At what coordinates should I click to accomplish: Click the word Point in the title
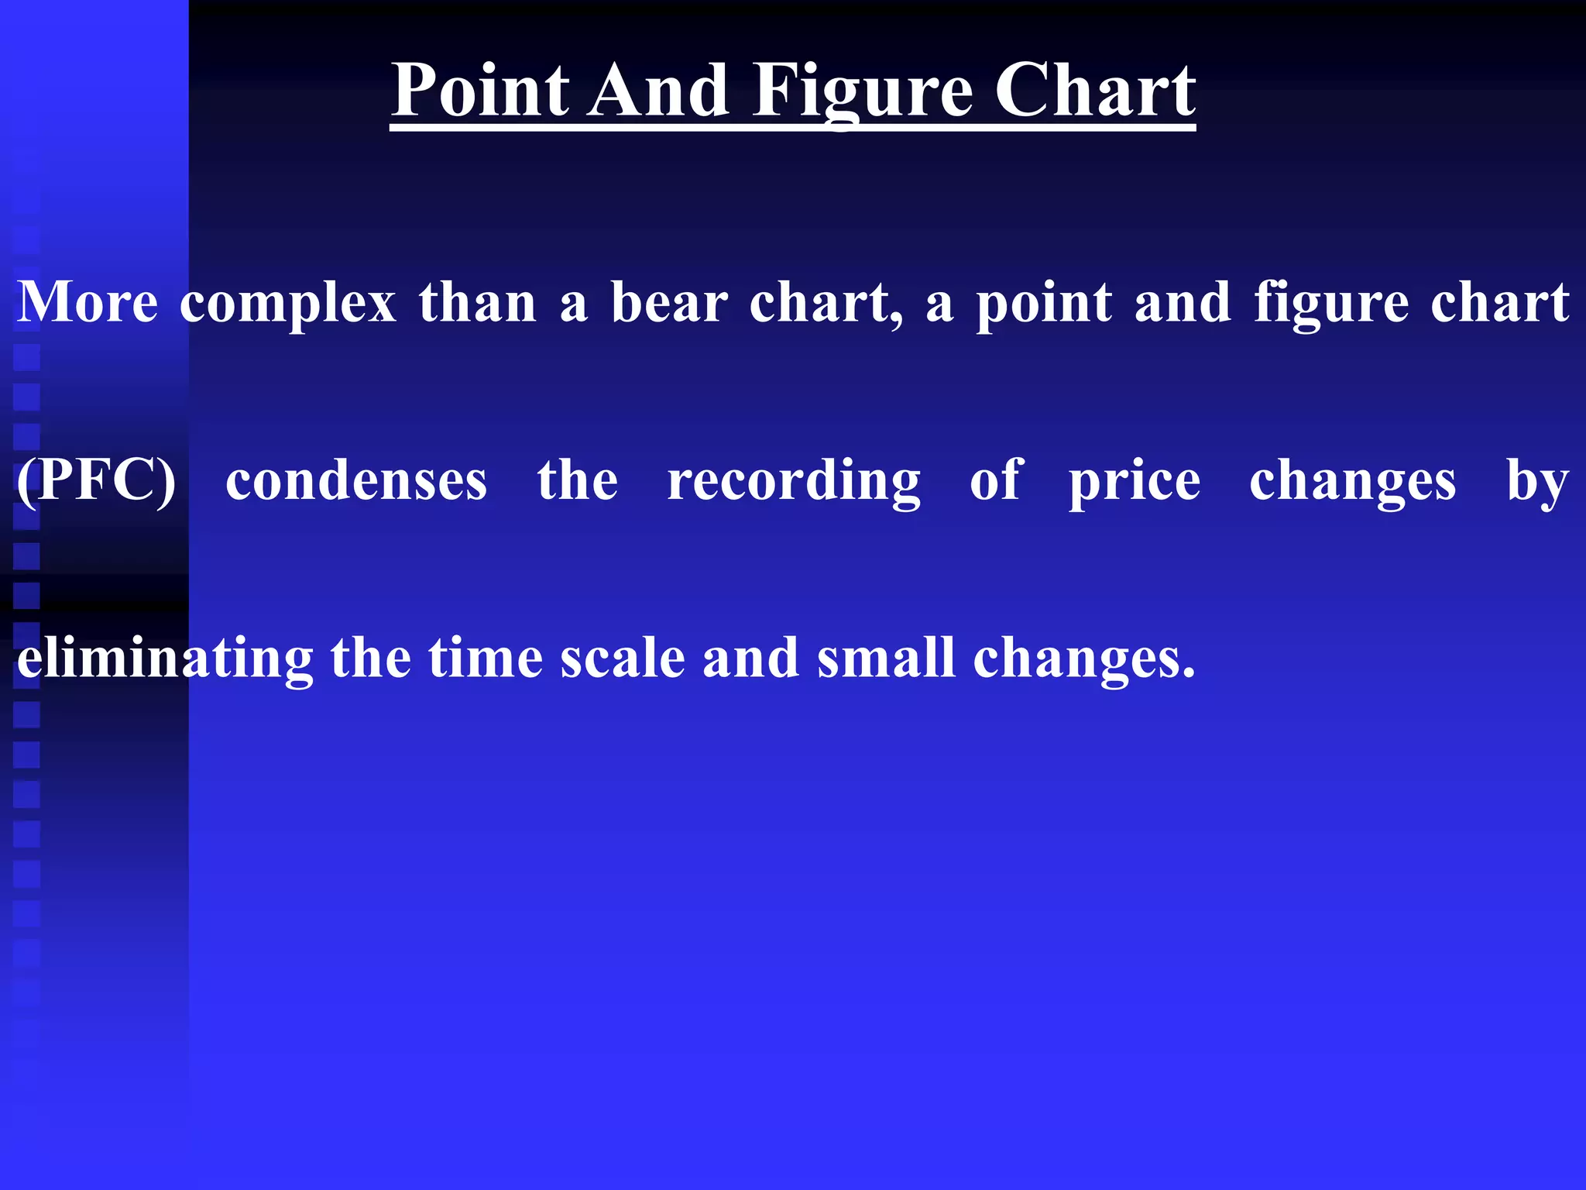point(479,91)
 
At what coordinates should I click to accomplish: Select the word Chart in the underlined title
point(1095,91)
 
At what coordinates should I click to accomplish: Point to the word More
point(88,301)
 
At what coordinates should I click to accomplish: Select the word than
point(478,301)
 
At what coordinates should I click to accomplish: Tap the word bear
point(669,301)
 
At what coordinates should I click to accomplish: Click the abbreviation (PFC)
point(97,481)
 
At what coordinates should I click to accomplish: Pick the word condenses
point(356,481)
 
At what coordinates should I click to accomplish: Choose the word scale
point(623,658)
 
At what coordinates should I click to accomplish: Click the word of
point(997,480)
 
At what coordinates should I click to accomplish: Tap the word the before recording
point(578,480)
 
